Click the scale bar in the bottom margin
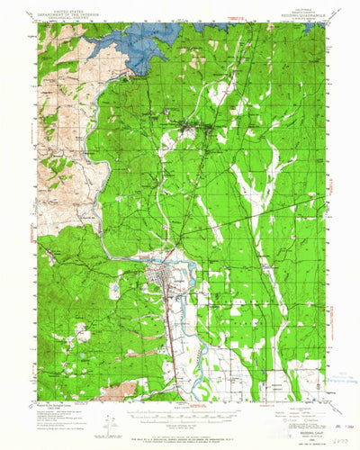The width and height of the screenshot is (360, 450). [x=180, y=408]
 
